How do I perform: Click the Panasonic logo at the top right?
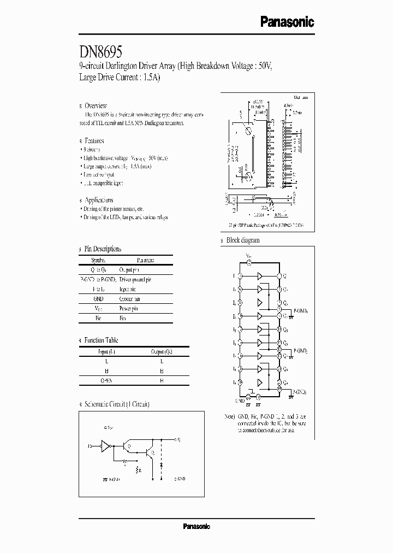click(287, 22)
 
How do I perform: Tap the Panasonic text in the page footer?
click(196, 526)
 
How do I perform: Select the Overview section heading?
click(96, 105)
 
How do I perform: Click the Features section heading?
click(94, 141)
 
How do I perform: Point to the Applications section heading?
click(99, 200)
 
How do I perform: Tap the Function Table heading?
click(101, 340)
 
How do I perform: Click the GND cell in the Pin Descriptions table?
click(98, 299)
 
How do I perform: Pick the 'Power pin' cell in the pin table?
click(130, 308)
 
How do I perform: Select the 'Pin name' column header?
click(145, 261)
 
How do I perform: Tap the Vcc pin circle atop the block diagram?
click(249, 263)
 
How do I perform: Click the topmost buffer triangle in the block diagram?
click(260, 275)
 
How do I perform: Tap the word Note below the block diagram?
click(229, 416)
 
